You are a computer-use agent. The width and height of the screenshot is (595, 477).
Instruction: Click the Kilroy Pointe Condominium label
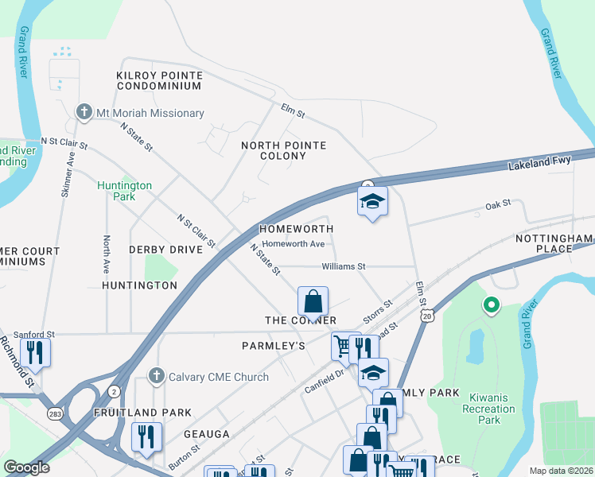point(159,80)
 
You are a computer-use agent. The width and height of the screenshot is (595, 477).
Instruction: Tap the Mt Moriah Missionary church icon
point(84,112)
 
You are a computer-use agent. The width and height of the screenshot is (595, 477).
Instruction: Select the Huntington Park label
point(124,191)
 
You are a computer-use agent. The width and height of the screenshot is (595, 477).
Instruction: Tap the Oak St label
point(497,206)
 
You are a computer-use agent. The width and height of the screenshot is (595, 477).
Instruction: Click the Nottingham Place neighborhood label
point(554,243)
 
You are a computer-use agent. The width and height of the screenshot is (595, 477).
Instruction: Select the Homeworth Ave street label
point(294,244)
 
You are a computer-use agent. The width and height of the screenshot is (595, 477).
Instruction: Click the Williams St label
point(343,266)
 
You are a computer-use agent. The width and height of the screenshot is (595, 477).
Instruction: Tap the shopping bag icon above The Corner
point(313,301)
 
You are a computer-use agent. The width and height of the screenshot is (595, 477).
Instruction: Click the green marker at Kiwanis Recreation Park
point(491,304)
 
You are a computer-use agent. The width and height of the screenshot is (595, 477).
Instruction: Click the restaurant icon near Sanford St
point(35,351)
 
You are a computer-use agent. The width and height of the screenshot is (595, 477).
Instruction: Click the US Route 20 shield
point(428,316)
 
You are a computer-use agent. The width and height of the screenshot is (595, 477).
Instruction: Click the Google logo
point(26,467)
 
